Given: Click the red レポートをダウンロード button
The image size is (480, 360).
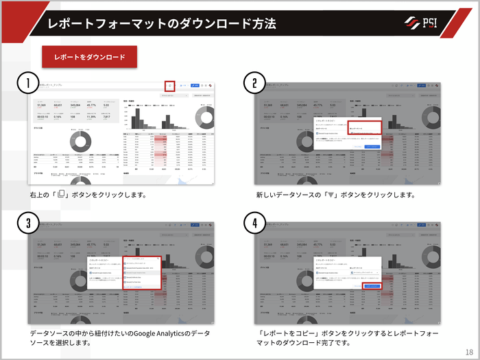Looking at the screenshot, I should (x=90, y=57).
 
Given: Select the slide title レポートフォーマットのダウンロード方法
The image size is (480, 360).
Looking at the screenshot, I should (x=162, y=23).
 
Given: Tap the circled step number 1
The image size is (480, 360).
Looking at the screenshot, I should (x=27, y=83).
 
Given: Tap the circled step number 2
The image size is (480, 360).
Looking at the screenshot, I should (x=254, y=83).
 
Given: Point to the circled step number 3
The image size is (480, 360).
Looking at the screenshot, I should (x=27, y=223).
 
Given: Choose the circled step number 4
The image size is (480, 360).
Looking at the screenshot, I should (x=254, y=223).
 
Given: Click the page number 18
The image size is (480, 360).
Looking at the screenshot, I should (x=468, y=351).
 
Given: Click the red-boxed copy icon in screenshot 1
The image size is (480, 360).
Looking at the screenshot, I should (x=170, y=86).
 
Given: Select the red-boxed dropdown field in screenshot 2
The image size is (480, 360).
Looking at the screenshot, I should (x=364, y=128).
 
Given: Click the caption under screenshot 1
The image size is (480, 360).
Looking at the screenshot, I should (x=87, y=195).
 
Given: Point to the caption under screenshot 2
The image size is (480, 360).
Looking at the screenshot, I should (x=335, y=195).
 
